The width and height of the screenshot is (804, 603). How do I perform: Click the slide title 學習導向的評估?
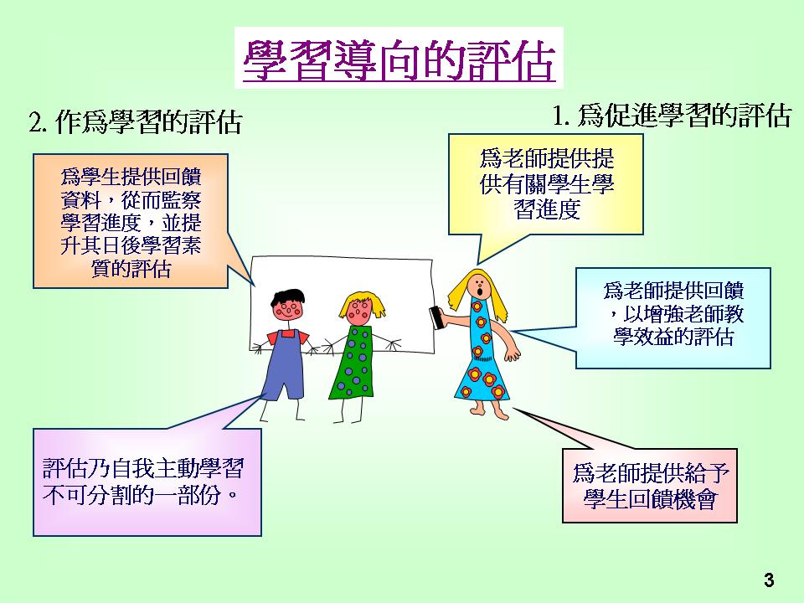pyautogui.click(x=399, y=60)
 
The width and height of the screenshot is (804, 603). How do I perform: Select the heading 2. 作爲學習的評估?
pyautogui.click(x=136, y=122)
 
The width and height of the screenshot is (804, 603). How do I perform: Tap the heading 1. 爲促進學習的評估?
pyautogui.click(x=672, y=115)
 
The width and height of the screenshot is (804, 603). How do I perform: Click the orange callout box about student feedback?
pyautogui.click(x=131, y=221)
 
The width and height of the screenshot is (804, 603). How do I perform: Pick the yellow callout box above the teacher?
pyautogui.click(x=545, y=184)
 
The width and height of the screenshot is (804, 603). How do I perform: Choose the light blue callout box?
pyautogui.click(x=673, y=318)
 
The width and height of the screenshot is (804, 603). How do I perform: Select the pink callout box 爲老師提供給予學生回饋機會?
pyautogui.click(x=649, y=486)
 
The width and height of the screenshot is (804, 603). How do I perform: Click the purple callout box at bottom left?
pyautogui.click(x=147, y=482)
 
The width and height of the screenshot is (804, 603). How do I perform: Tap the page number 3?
pyautogui.click(x=768, y=580)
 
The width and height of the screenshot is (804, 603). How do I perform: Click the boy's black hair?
pyautogui.click(x=287, y=296)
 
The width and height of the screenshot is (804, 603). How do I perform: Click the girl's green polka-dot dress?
pyautogui.click(x=353, y=363)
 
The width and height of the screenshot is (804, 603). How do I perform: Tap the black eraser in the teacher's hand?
pyautogui.click(x=437, y=317)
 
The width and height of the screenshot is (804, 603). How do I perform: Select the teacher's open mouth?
pyautogui.click(x=480, y=292)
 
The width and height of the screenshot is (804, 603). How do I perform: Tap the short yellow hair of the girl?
pyautogui.click(x=362, y=303)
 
